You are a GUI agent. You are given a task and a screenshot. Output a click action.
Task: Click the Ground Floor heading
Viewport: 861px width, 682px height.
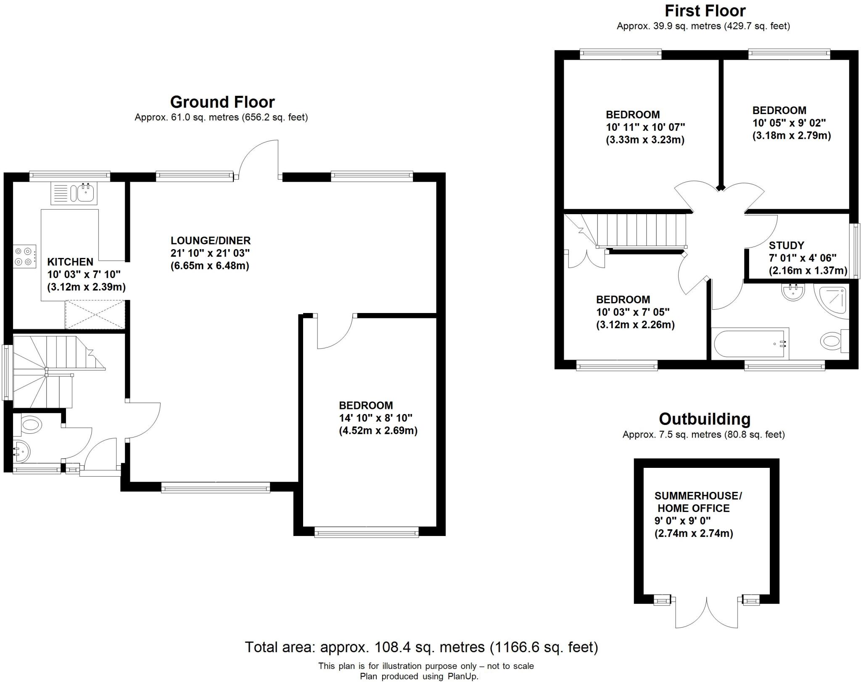[x=222, y=102]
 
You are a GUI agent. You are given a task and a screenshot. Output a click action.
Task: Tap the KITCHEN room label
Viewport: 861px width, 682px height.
[x=70, y=262]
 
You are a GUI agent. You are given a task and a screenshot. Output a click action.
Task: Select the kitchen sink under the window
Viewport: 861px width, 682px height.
[x=74, y=194]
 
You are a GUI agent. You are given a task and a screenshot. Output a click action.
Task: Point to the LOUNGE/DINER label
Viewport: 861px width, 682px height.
[x=210, y=241]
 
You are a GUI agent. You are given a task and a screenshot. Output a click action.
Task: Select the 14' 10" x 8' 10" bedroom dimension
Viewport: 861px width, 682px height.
[x=375, y=418]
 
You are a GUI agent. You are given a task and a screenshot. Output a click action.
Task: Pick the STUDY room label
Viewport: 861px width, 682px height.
[x=786, y=245]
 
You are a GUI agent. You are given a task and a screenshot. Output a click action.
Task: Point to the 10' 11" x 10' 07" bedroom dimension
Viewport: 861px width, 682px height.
[x=645, y=127]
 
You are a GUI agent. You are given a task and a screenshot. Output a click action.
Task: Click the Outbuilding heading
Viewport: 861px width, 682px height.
[x=704, y=419]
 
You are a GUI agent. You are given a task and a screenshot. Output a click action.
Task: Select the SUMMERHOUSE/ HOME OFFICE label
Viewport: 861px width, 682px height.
[x=698, y=502]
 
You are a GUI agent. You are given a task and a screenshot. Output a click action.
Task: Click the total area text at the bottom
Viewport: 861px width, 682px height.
[x=421, y=647]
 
